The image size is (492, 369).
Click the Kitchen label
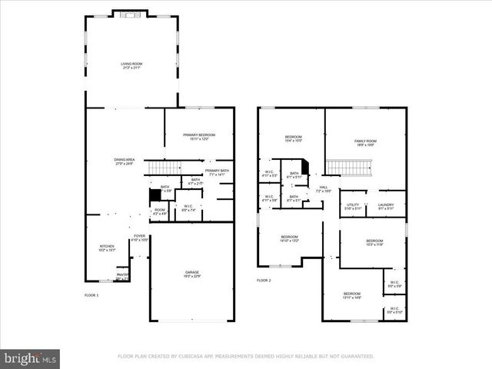(x=107, y=248)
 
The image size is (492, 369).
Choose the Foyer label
(x=139, y=238)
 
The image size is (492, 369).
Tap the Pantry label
(x=122, y=275)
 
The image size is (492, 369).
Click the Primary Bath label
(x=217, y=172)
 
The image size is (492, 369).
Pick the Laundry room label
(x=386, y=206)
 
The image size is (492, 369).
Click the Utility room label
(x=353, y=206)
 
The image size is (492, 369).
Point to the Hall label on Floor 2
(x=324, y=188)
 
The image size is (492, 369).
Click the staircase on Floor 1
(x=163, y=168)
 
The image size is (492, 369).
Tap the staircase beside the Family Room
(x=350, y=167)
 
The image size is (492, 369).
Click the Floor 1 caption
(x=91, y=294)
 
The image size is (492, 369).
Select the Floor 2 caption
(x=264, y=281)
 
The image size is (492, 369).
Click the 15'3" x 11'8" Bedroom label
(x=374, y=242)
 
